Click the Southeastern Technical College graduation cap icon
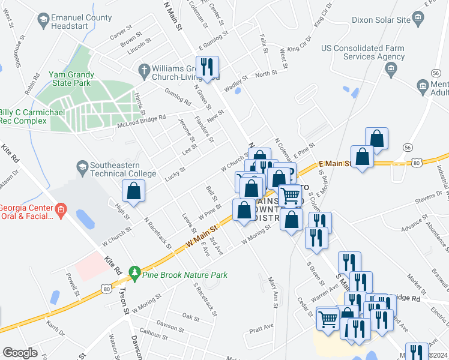point(82,165)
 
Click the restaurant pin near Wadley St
point(209,67)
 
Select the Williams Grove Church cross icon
point(143,70)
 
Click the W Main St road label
point(200,234)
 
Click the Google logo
point(20,352)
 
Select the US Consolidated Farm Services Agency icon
point(391,69)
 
